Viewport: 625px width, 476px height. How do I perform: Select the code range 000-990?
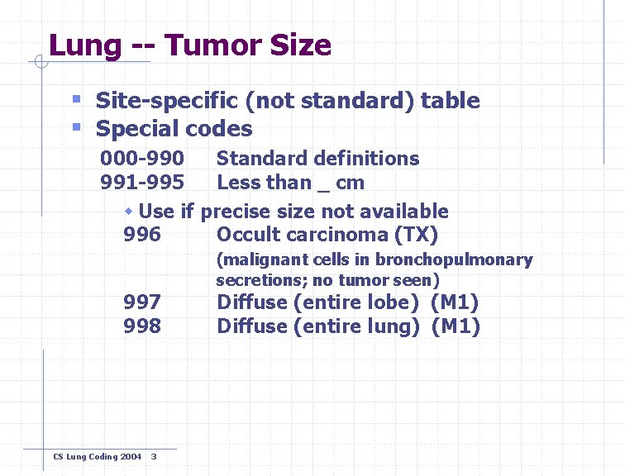[x=142, y=159]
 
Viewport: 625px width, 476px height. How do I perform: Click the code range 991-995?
[x=142, y=183]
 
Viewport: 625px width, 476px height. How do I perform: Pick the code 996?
[x=142, y=235]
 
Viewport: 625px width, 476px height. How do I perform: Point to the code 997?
[x=142, y=302]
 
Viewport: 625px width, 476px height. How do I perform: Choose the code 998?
[x=142, y=326]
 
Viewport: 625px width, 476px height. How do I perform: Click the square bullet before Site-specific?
[x=77, y=100]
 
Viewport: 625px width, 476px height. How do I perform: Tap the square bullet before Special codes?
[x=77, y=128]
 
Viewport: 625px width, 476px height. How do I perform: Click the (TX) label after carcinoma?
[x=417, y=235]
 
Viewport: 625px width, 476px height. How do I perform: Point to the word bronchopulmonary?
[x=454, y=259]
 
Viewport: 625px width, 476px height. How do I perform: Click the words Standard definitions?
[x=317, y=159]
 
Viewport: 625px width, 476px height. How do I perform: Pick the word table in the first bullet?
[x=450, y=101]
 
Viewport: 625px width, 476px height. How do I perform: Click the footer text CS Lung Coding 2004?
[x=97, y=457]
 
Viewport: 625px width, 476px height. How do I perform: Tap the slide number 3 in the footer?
[x=154, y=457]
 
